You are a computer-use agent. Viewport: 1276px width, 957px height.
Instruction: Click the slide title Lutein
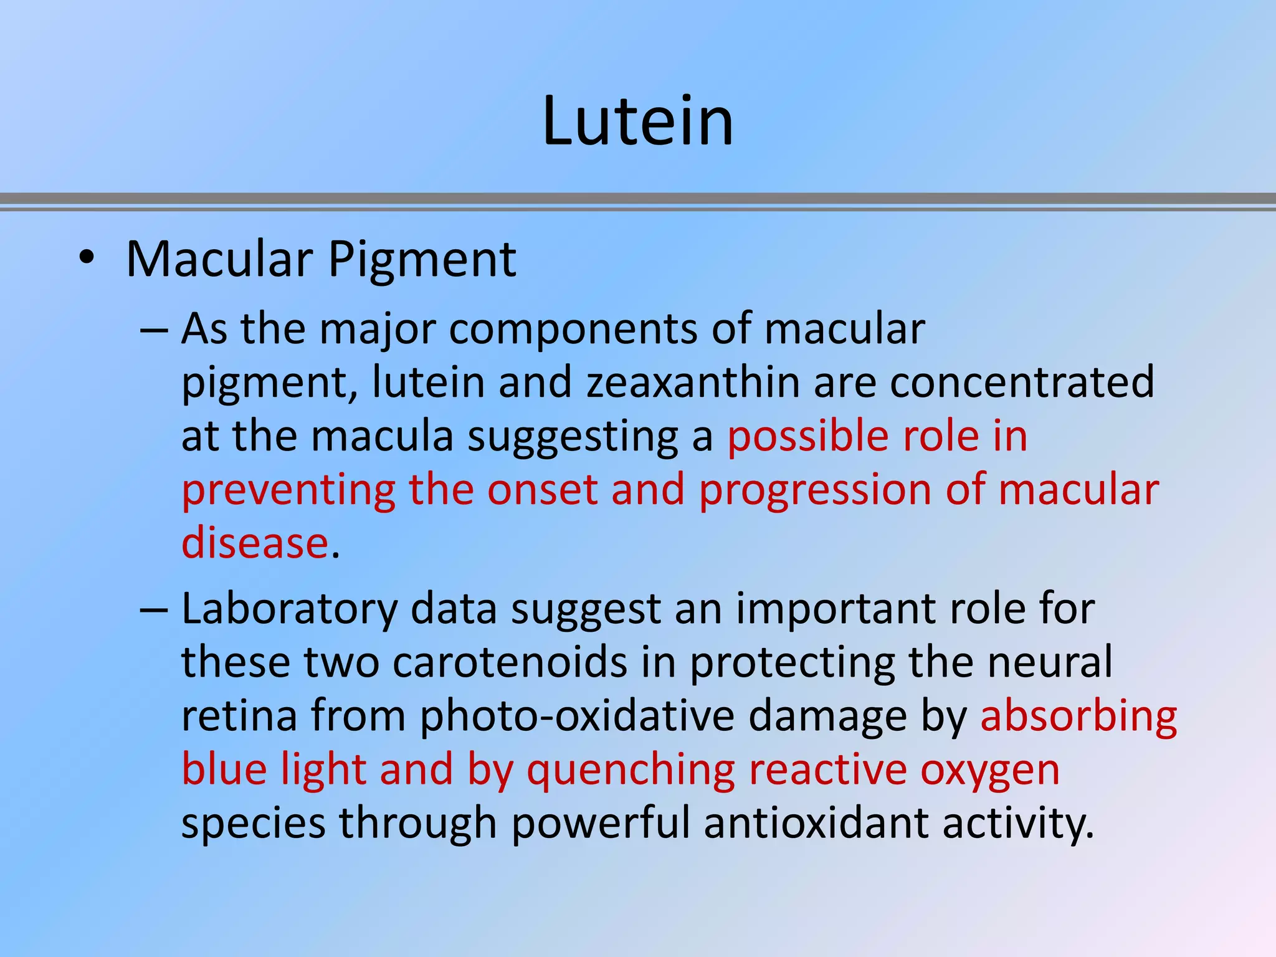tap(637, 121)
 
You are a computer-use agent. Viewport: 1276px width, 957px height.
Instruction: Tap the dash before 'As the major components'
tap(154, 330)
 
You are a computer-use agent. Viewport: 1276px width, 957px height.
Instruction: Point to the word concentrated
tap(1022, 382)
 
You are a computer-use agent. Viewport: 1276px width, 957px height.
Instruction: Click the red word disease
tap(255, 543)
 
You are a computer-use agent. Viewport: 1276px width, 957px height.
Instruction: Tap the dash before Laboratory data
tap(154, 609)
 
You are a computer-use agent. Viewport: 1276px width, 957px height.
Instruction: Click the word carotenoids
tap(510, 662)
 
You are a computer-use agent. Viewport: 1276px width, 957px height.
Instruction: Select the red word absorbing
tap(1078, 717)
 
